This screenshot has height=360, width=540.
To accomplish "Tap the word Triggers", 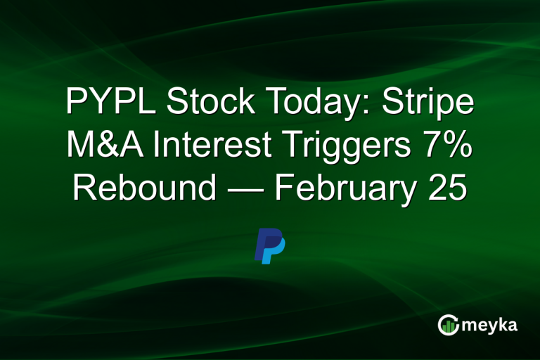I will (342, 146).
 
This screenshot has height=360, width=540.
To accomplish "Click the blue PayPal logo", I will (269, 246).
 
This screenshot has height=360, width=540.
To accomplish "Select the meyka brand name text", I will (489, 326).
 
